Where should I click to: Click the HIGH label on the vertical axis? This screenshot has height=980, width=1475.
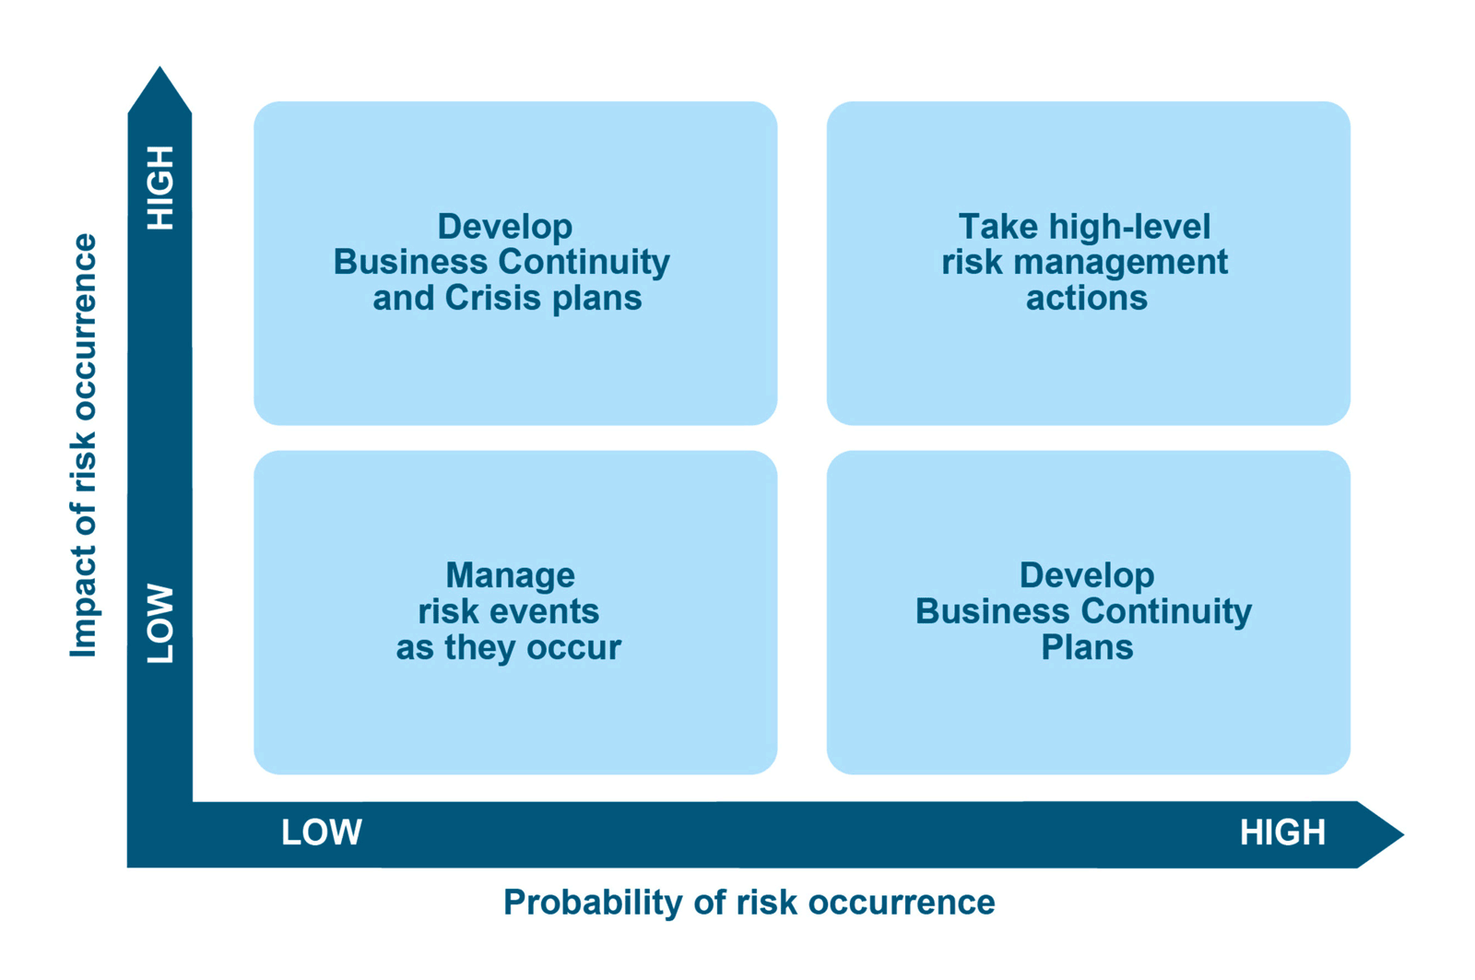[x=160, y=188]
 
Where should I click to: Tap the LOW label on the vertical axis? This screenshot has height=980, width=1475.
[x=160, y=623]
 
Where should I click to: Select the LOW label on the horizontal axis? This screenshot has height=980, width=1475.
[x=322, y=832]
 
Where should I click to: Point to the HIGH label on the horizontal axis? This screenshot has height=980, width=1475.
[x=1282, y=832]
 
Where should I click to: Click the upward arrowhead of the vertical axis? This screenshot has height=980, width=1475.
[x=159, y=90]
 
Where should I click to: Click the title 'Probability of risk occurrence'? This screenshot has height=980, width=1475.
[x=749, y=903]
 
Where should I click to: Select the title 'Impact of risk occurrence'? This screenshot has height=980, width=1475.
[x=84, y=445]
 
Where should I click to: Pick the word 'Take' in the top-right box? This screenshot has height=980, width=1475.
[x=998, y=227]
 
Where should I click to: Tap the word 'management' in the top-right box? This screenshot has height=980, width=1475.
[x=1121, y=263]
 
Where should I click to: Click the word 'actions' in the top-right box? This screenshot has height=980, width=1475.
[x=1087, y=299]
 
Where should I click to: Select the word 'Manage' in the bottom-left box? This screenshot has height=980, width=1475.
[x=511, y=576]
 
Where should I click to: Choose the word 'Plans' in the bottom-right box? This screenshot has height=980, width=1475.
[x=1087, y=647]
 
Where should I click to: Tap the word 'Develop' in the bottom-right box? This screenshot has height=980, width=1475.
[x=1087, y=576]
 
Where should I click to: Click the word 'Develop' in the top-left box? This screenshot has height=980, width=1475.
[x=505, y=228]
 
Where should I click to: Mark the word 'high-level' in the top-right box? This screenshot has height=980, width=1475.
[x=1130, y=228]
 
